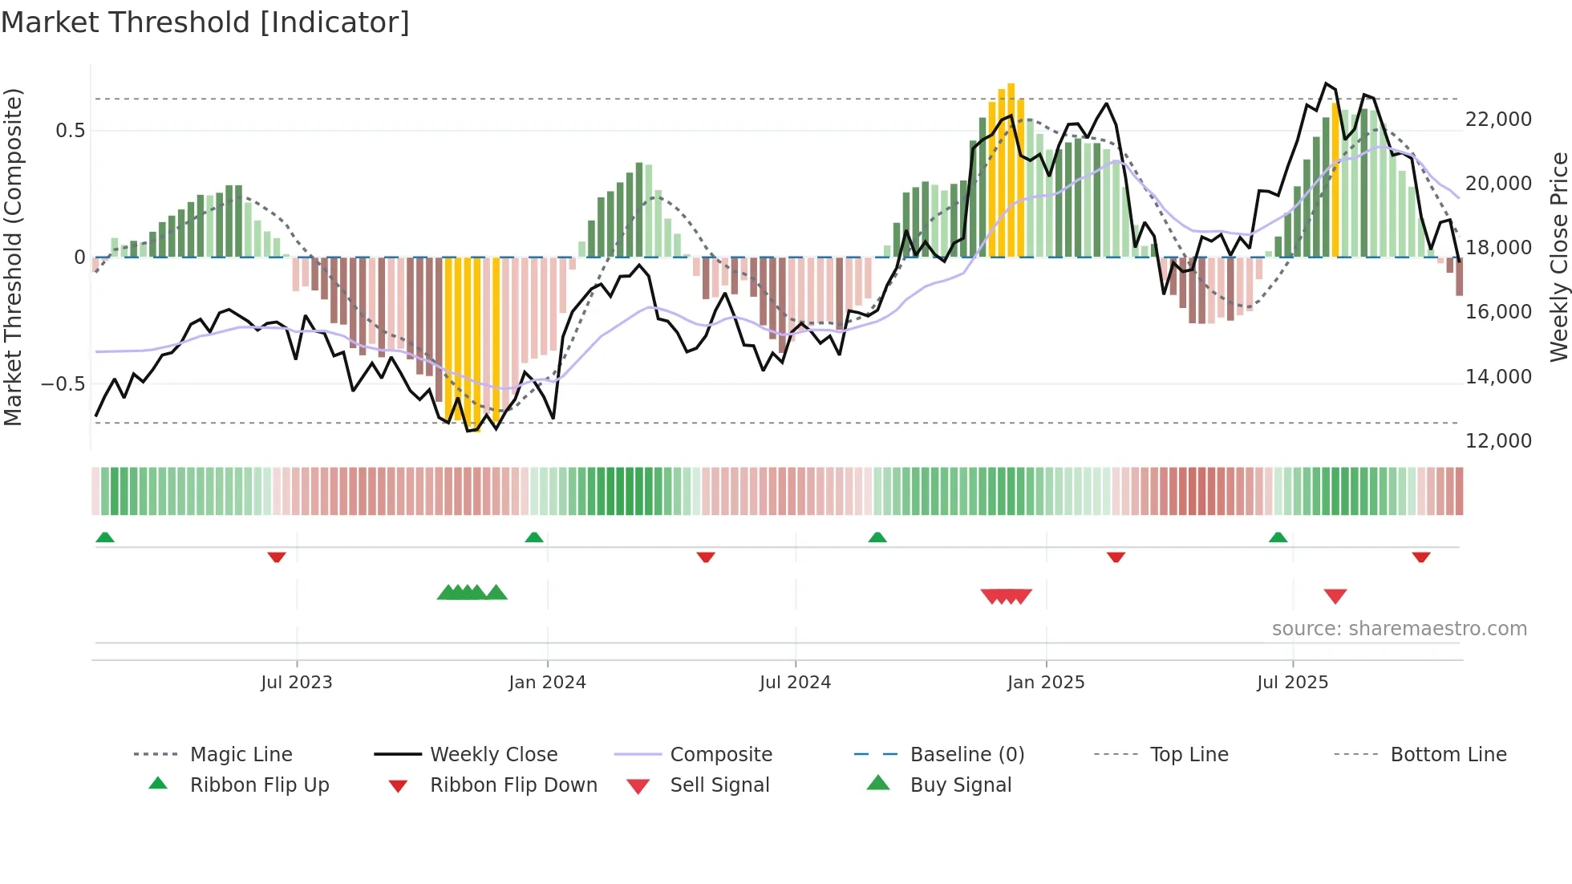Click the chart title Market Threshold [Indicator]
(205, 22)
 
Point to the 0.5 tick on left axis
(71, 130)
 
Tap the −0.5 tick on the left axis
(63, 383)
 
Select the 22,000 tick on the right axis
(1498, 120)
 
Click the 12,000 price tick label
(1498, 440)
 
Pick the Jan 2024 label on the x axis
(547, 683)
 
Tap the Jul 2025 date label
(1292, 683)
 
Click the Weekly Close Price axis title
(1558, 257)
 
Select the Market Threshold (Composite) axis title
(13, 257)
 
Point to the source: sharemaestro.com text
(1399, 629)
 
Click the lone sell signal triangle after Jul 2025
(1335, 596)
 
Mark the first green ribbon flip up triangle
(105, 537)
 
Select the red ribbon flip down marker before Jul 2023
(277, 557)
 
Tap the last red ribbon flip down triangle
(1421, 557)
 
